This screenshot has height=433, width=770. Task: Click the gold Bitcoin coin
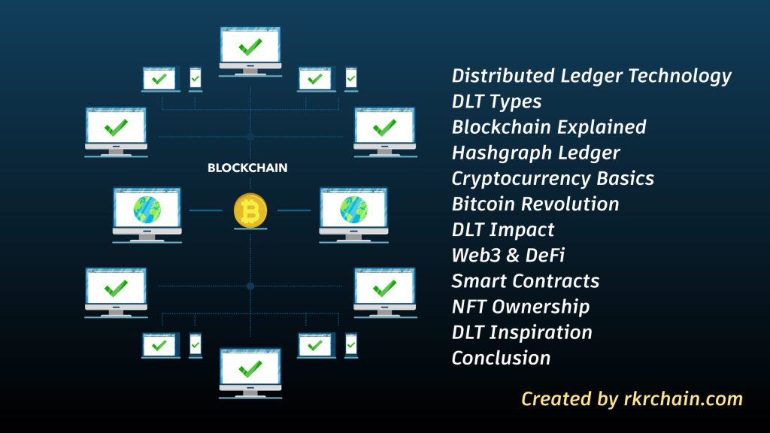tap(250, 210)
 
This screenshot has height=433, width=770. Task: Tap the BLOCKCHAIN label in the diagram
tap(247, 168)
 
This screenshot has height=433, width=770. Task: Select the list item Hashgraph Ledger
tap(535, 153)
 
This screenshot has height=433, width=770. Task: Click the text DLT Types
tap(496, 101)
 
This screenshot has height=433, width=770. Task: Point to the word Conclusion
tap(501, 358)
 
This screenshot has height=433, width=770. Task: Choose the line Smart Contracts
tap(525, 281)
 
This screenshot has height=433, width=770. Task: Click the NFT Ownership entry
tap(520, 307)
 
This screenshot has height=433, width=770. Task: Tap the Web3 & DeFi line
tap(508, 256)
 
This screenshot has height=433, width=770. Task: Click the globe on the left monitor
tap(147, 210)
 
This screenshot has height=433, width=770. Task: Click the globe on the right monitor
tap(353, 210)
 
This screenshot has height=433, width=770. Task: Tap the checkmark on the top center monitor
tap(250, 48)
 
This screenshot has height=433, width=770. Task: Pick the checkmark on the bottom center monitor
tap(250, 368)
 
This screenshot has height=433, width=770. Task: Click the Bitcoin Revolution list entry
tap(535, 204)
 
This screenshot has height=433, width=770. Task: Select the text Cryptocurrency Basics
tap(553, 179)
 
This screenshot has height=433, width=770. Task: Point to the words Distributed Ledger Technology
tap(591, 76)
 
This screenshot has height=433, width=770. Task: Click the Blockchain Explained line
tap(549, 127)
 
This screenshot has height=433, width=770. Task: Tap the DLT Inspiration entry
tap(522, 332)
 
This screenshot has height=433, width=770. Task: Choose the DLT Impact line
tap(502, 230)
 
